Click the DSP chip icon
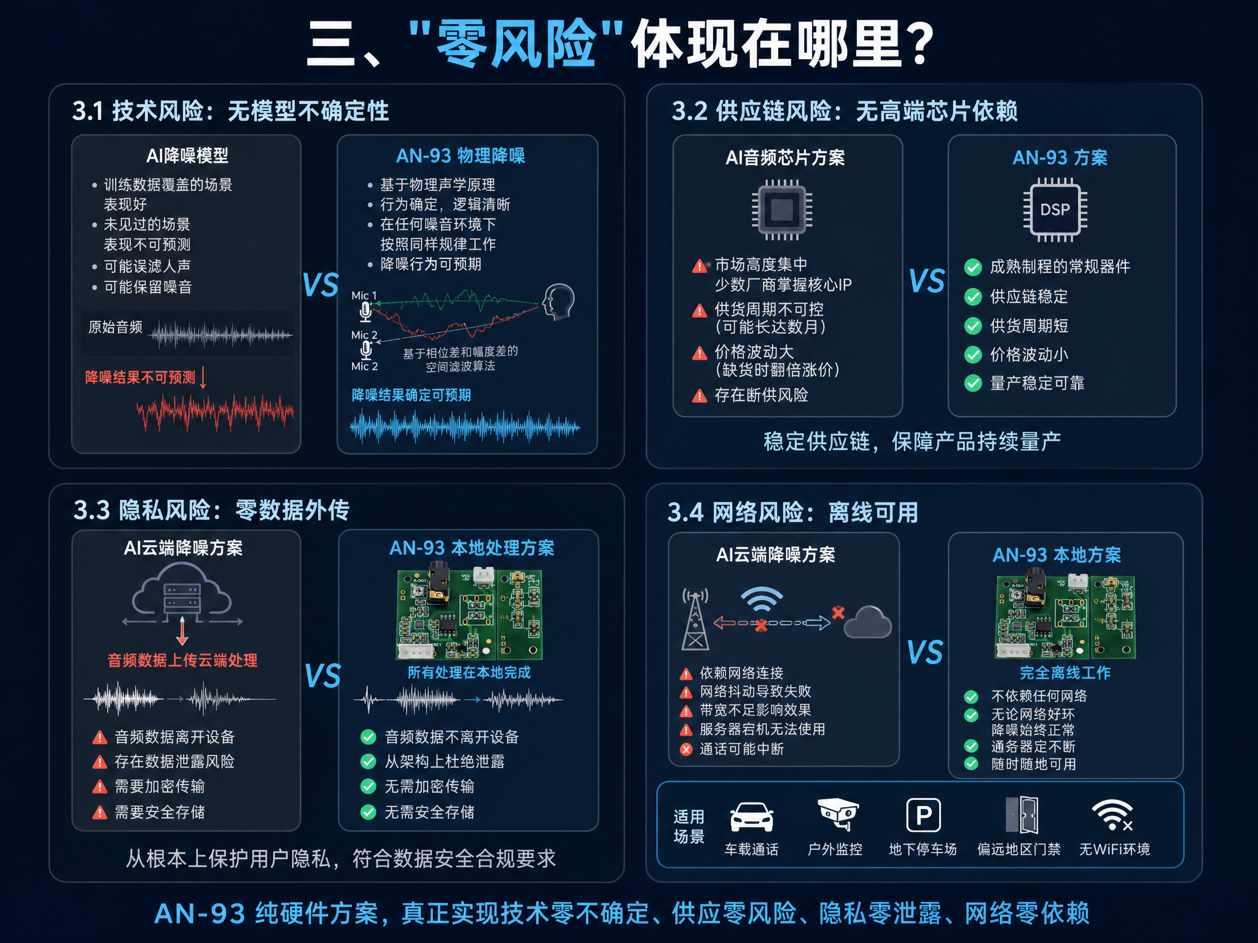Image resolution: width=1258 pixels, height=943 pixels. pos(1055,209)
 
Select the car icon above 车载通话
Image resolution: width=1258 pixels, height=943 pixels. pos(751,817)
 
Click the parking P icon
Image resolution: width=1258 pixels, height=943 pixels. pos(923,816)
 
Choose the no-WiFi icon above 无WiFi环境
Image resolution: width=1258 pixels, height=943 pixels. pos(1112,815)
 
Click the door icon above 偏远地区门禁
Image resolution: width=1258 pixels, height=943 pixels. pos(1022,815)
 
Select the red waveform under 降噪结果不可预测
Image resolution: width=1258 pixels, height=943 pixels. pos(215,411)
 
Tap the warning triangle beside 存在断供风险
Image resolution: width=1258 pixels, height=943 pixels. pos(700,396)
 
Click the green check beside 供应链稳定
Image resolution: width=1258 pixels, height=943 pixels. pos(973,297)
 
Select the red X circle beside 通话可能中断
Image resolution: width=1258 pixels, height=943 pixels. pos(687,749)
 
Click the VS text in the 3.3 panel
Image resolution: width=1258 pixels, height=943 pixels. pos(322,676)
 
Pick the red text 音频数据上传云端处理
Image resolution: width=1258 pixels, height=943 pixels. pos(182,661)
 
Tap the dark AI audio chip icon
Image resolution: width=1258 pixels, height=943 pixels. pos(782,209)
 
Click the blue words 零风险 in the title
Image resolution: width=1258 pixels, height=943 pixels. pos(516,44)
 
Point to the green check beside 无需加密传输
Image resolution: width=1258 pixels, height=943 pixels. pos(368,786)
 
